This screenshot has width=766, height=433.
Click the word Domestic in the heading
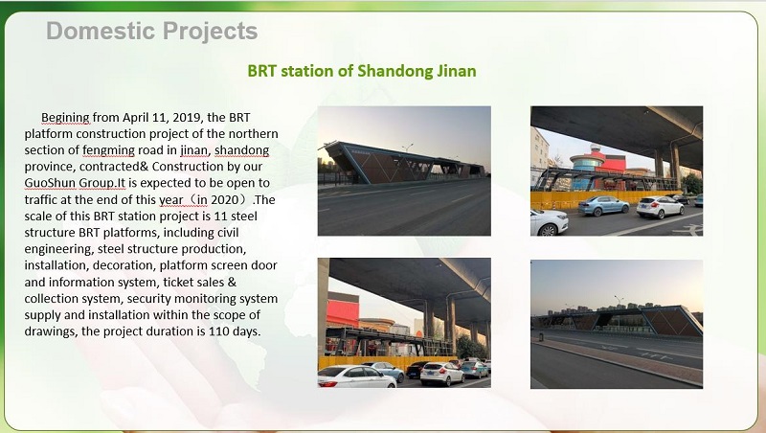tap(93, 31)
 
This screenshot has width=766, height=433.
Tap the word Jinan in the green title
tap(454, 71)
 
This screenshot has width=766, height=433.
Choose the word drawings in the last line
tap(53, 331)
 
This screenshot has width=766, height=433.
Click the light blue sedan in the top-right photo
tap(603, 205)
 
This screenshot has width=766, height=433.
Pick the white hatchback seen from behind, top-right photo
tap(660, 207)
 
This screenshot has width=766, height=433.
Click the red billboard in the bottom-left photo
tap(344, 310)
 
